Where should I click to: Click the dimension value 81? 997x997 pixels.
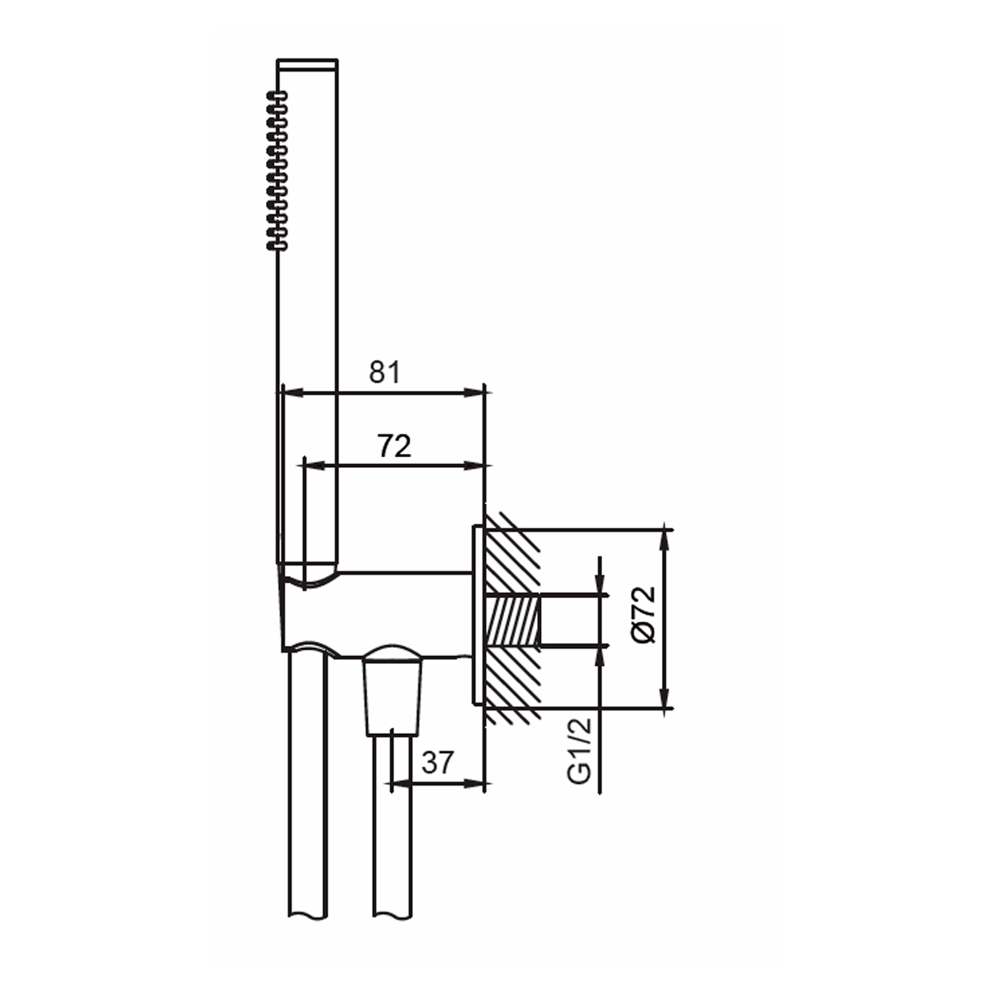click(385, 372)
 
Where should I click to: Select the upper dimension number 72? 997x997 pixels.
click(394, 446)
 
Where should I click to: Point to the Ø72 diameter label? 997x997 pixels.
click(644, 614)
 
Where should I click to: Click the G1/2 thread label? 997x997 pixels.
click(580, 751)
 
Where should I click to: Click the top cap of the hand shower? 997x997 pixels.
click(307, 64)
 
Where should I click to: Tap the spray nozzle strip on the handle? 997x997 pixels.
click(277, 171)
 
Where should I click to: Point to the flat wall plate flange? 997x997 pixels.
click(477, 615)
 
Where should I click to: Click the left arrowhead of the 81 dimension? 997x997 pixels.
click(291, 393)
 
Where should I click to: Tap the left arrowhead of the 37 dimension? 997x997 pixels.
click(399, 784)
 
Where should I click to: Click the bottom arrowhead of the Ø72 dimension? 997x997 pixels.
click(665, 700)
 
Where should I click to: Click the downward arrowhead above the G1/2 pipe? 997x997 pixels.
click(601, 586)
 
